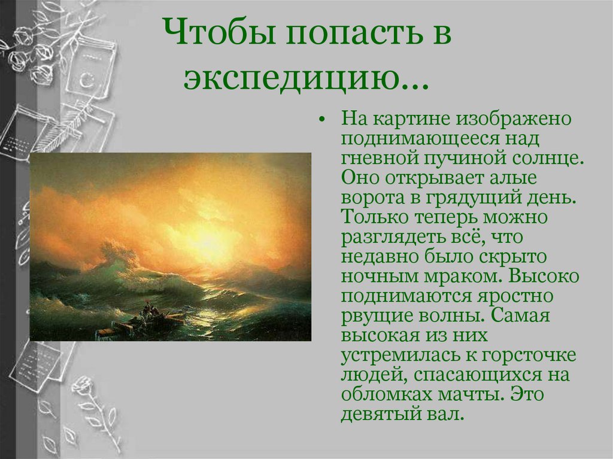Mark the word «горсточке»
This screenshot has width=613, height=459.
click(x=531, y=355)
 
